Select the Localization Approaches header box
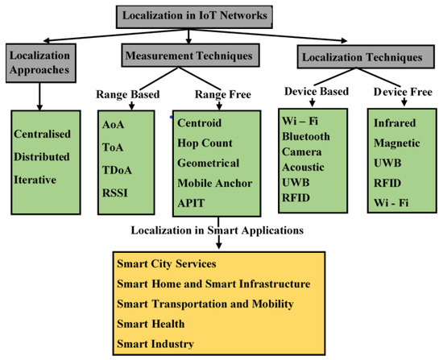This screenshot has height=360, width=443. [39, 63]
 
